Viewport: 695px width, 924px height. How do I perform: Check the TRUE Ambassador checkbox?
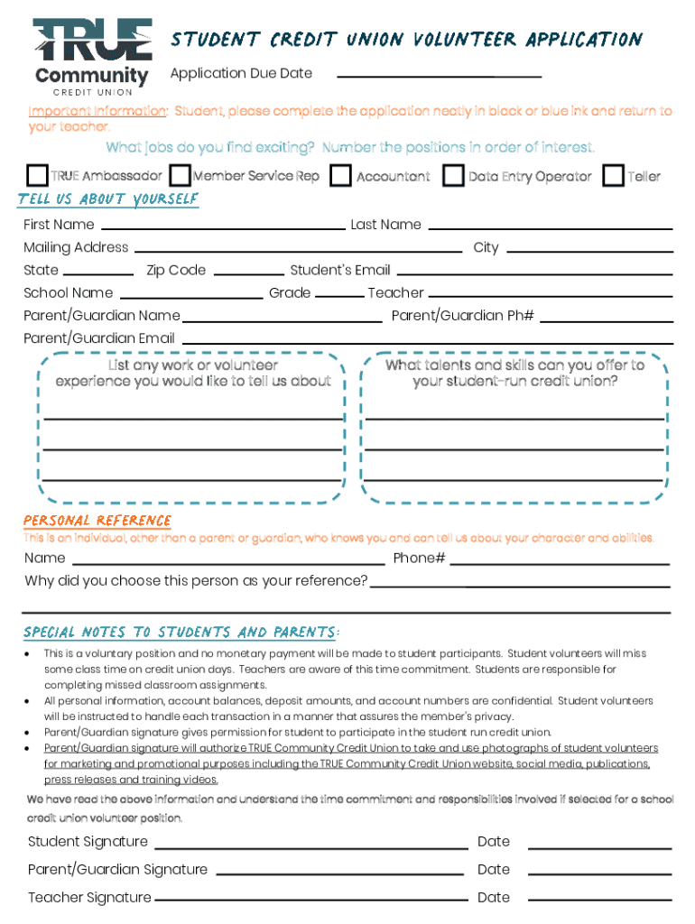38,175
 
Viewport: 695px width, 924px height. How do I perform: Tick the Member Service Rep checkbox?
180,175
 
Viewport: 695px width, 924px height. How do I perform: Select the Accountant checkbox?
340,175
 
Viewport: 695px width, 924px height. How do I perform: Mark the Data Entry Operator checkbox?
453,175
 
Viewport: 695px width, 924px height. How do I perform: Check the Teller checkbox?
613,175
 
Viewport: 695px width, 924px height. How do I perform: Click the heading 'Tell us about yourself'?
108,199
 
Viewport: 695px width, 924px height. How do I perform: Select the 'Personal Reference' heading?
97,521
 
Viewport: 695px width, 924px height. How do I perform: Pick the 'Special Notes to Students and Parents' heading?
181,632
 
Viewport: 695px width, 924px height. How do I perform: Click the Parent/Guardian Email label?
99,338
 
